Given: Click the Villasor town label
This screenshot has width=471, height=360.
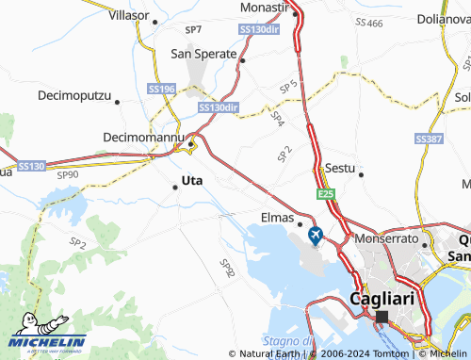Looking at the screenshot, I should click(129, 16).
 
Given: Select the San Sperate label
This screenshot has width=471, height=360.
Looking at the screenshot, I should click(203, 54).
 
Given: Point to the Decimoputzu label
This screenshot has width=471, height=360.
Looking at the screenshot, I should click(74, 96).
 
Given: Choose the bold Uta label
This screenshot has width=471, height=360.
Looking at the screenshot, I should click(191, 179).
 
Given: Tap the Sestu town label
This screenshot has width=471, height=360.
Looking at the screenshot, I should click(339, 168).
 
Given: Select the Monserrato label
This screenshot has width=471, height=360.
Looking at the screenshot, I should click(386, 239).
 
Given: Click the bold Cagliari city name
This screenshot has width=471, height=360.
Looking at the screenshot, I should click(382, 298).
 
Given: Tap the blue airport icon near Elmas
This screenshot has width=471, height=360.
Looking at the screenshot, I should click(315, 234).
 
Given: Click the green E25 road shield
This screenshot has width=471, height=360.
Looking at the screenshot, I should click(326, 193).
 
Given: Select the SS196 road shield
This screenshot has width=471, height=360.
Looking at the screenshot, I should click(162, 89).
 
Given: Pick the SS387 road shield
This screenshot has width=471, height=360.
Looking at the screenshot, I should click(429, 139).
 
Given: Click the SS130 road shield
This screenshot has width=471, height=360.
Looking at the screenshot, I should click(32, 166).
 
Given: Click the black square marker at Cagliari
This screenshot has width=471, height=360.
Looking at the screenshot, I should click(382, 318).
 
